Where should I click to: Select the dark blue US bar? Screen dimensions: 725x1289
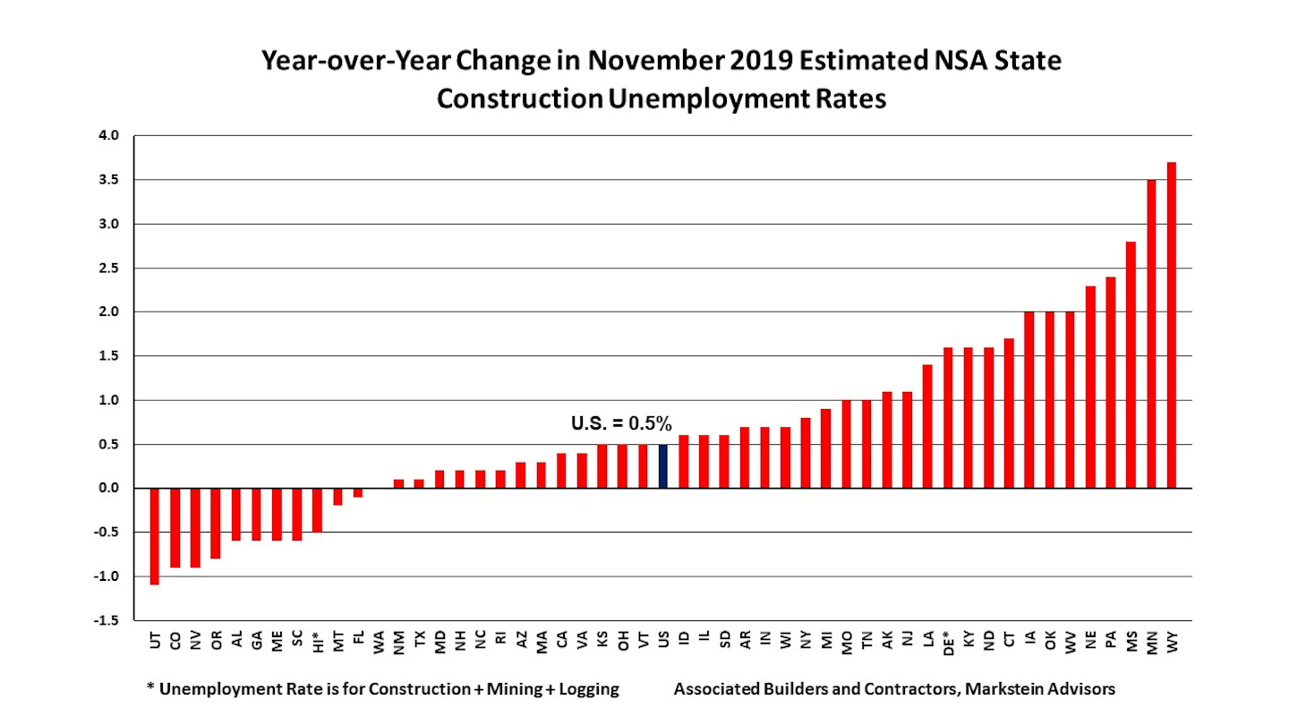663,466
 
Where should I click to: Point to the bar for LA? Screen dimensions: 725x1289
927,426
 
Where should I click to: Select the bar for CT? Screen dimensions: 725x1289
1009,413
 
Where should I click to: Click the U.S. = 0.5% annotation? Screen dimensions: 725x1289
621,423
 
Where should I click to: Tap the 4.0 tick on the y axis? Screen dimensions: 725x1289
107,136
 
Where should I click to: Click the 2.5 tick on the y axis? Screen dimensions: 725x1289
107,269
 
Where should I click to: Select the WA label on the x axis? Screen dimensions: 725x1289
379,641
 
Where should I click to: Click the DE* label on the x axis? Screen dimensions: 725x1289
948,644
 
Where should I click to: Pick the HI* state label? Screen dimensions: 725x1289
318,644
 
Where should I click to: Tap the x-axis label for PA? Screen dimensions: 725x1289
1111,641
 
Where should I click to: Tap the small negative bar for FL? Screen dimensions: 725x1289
358,492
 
